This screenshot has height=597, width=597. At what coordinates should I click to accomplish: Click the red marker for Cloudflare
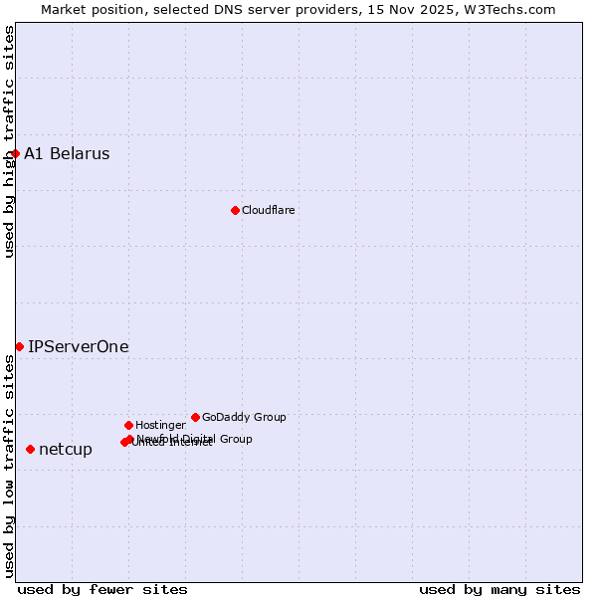click(x=235, y=210)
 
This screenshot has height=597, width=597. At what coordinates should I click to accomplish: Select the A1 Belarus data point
click(x=15, y=153)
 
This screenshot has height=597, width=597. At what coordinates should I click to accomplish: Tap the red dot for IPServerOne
click(x=19, y=346)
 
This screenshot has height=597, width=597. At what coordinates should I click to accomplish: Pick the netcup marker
click(x=30, y=449)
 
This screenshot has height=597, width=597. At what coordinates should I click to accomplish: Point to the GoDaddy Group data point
click(x=195, y=417)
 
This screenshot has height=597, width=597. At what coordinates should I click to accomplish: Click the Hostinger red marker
click(x=128, y=425)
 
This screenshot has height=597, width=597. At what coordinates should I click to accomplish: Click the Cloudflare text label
click(x=268, y=210)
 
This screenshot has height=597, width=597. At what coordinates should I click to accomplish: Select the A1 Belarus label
click(x=67, y=153)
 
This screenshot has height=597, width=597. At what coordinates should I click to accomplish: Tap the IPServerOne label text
click(x=78, y=346)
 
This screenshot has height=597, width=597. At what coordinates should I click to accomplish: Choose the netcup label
click(x=66, y=449)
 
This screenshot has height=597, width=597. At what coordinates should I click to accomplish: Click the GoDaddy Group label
click(x=244, y=417)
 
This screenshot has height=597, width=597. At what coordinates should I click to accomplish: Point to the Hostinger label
click(x=160, y=425)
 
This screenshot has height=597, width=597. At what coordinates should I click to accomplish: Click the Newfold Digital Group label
click(x=194, y=439)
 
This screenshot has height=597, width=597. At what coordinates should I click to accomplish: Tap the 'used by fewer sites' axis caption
click(x=102, y=589)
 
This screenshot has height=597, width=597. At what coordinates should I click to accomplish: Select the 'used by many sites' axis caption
click(x=499, y=589)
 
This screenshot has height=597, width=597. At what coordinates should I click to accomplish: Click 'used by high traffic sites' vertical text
click(x=10, y=141)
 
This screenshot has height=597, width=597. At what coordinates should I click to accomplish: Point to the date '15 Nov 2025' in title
click(x=422, y=9)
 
